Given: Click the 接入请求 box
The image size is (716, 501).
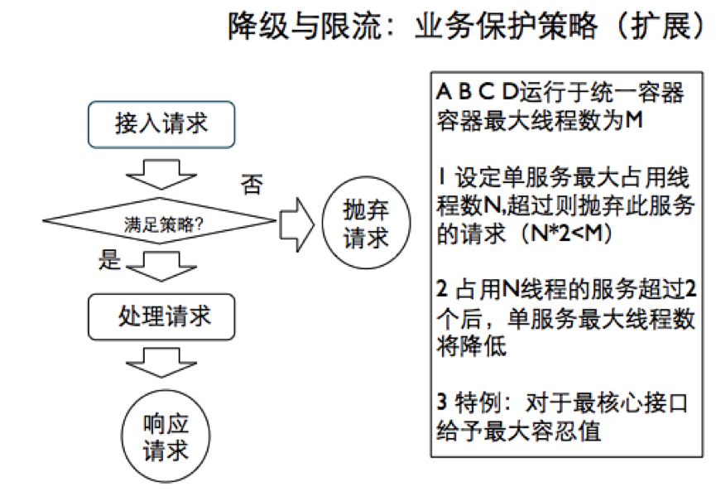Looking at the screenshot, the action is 161,125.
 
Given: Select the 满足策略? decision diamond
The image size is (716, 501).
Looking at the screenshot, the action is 160,220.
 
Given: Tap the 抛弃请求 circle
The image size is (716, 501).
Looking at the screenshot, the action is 366,223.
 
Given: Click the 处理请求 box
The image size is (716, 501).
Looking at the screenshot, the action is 161,317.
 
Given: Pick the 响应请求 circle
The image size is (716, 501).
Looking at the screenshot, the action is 166,436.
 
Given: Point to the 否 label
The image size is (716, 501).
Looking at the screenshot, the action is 252,185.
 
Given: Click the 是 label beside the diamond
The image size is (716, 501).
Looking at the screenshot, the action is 109,259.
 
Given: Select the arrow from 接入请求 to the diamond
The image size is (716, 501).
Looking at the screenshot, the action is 161,175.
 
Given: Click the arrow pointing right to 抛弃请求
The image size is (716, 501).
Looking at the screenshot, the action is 297,224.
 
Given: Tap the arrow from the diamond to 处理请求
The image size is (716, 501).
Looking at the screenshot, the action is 161,267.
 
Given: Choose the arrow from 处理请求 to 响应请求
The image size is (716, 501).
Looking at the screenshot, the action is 161,363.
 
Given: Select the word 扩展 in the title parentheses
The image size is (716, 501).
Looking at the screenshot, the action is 661,26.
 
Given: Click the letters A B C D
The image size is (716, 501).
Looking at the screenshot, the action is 477,92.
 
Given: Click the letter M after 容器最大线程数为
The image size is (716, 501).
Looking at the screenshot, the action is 634,120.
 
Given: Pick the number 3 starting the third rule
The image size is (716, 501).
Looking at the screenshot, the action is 441,402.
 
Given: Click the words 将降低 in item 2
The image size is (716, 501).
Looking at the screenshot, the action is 472,345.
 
